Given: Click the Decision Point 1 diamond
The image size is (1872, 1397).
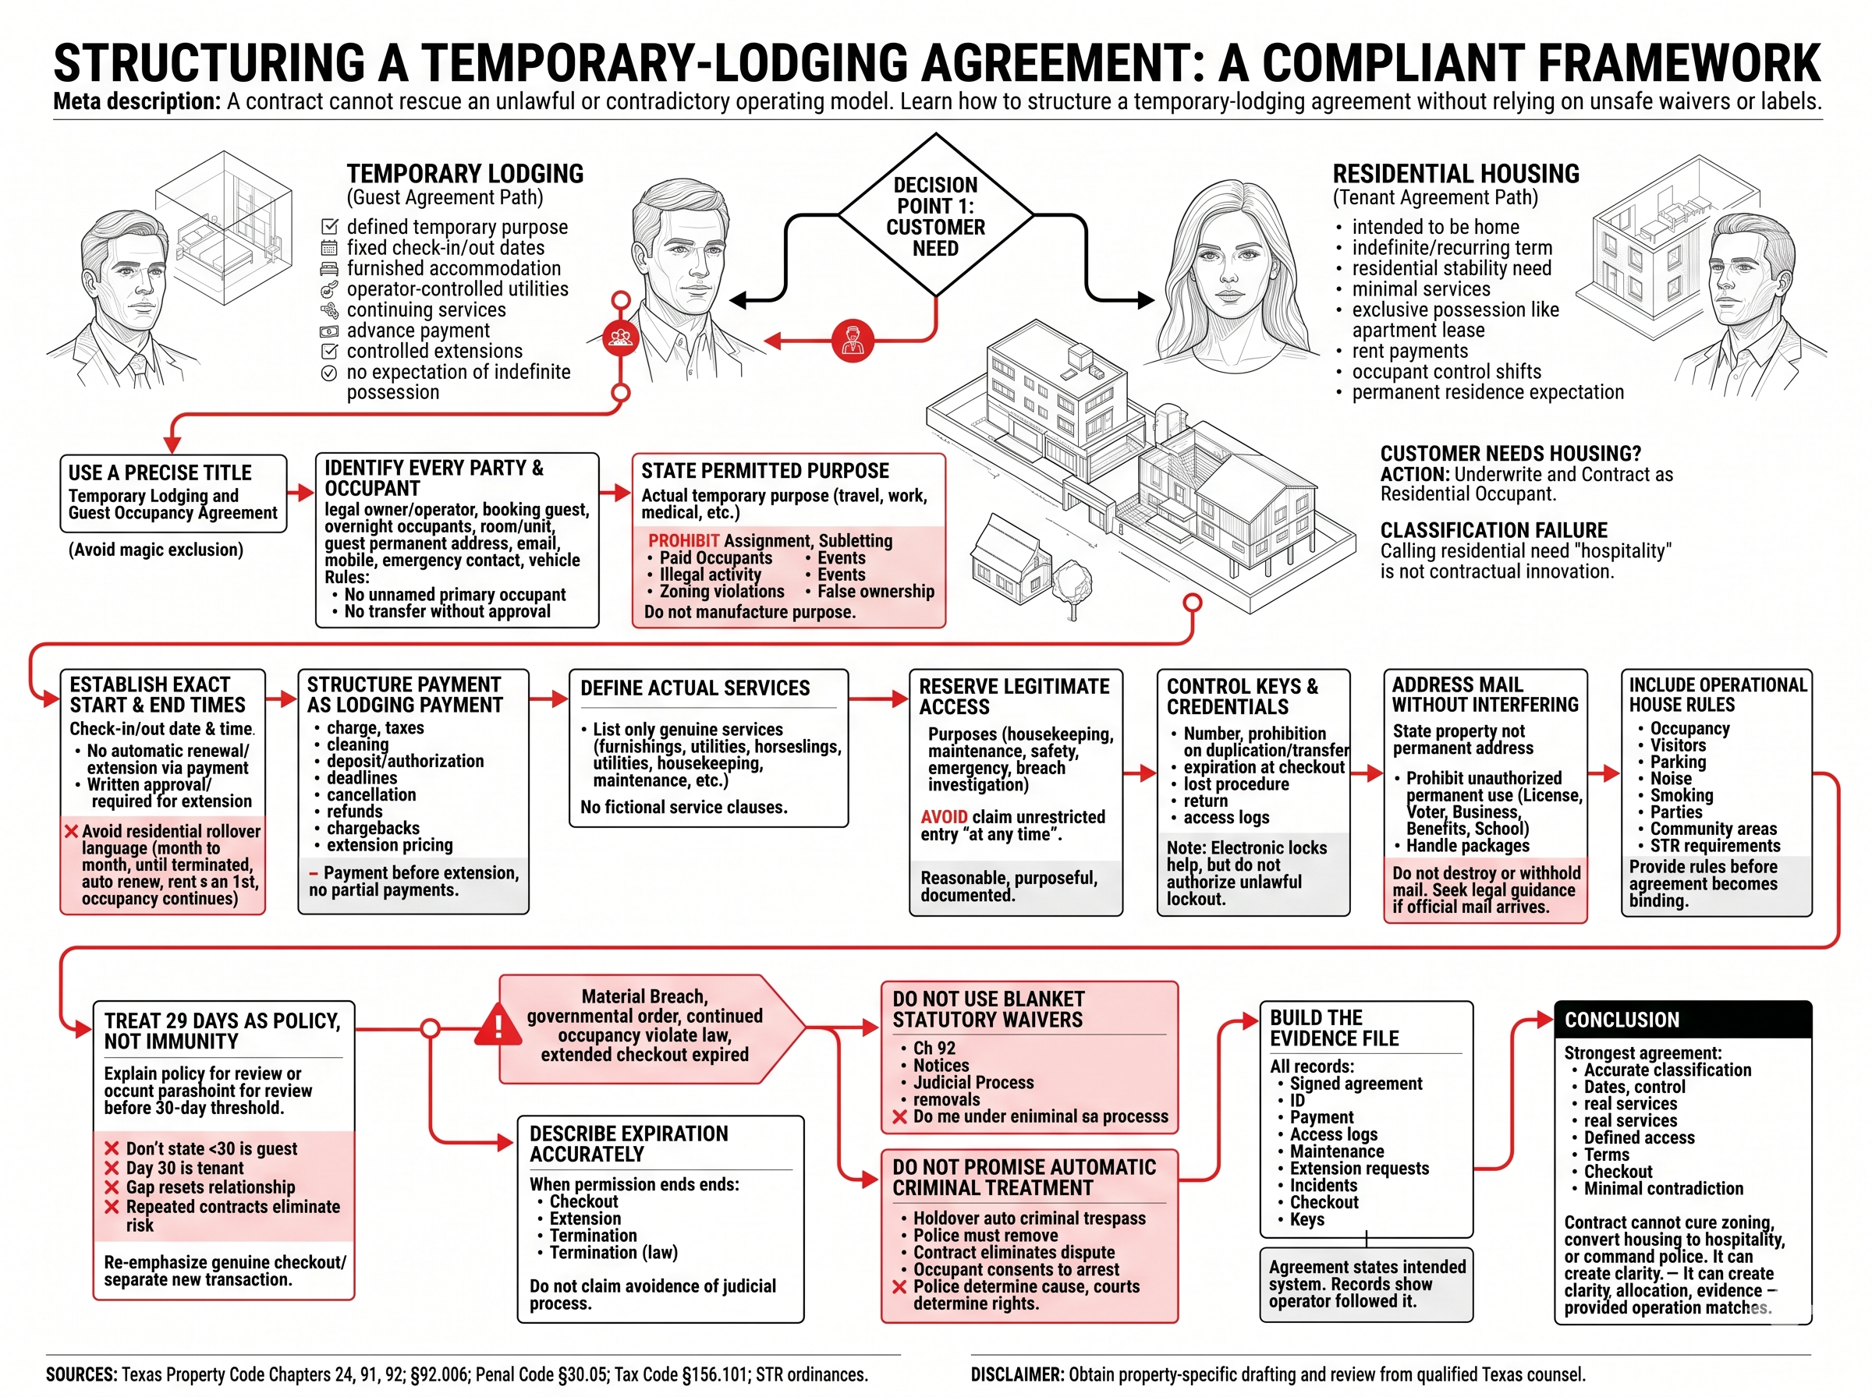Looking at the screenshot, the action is (x=934, y=215).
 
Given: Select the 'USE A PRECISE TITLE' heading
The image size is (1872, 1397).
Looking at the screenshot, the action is (x=160, y=472).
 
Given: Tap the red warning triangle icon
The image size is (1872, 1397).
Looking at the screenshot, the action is (x=498, y=1026).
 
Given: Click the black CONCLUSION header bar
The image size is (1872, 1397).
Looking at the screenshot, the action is (x=1682, y=1020).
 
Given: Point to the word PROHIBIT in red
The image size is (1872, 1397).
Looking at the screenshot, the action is (x=683, y=540).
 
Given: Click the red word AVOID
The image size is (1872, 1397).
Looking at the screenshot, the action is (x=943, y=817).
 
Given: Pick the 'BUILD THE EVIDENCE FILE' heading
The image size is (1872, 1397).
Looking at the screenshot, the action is (x=1334, y=1027).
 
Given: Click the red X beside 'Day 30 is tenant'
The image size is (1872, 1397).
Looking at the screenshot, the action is (x=112, y=1168).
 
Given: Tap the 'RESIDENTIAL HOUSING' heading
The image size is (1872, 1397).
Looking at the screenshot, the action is (x=1455, y=174).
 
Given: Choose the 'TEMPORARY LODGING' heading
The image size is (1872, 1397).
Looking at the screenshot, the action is (x=465, y=174).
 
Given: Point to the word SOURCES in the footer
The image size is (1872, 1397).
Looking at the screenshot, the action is (x=81, y=1374).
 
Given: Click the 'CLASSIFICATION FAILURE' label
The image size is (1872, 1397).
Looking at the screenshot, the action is (x=1494, y=530).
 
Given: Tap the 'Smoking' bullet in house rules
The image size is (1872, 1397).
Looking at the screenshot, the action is (x=1681, y=795).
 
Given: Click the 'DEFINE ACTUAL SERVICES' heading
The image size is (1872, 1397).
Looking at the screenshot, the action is (x=694, y=688).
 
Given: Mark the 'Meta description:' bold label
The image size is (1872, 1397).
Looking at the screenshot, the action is (x=137, y=102).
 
